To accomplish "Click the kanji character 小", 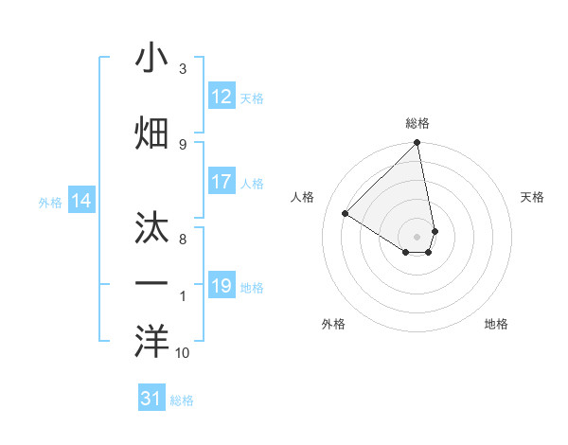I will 152,59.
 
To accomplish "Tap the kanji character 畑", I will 152,133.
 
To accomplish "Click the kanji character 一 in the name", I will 152,283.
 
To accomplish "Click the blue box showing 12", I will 222,97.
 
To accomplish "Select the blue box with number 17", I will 222,182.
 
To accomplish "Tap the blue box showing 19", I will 222,286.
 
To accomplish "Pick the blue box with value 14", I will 81,201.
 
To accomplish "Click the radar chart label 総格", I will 417,123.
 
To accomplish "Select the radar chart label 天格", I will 532,197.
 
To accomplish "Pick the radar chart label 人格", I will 303,197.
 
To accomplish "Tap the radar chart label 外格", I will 333,324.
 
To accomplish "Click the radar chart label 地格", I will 496,324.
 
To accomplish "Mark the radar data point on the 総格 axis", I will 417,144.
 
